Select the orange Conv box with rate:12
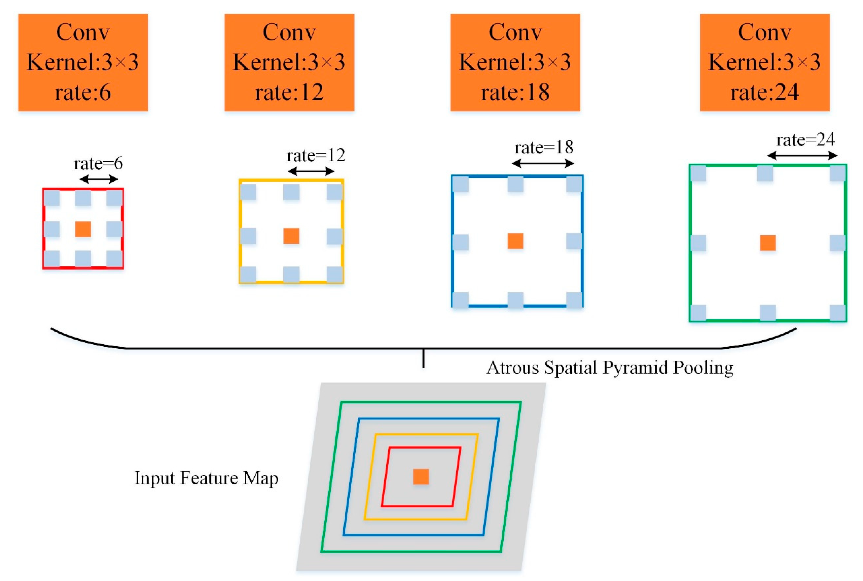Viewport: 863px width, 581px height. (x=289, y=62)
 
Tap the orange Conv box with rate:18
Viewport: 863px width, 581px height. (x=515, y=62)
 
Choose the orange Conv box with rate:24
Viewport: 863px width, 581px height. (x=765, y=62)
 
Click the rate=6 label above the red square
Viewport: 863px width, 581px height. (x=98, y=163)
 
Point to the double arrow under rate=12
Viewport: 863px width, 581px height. (x=311, y=171)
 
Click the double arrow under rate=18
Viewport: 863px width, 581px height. (x=543, y=163)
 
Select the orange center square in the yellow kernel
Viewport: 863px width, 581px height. (x=291, y=236)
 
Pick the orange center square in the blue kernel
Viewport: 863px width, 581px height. (x=515, y=241)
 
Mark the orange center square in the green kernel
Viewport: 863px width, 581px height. (x=768, y=243)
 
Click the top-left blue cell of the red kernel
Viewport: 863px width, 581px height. (x=52, y=198)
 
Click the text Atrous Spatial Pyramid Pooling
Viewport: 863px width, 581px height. (x=609, y=368)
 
